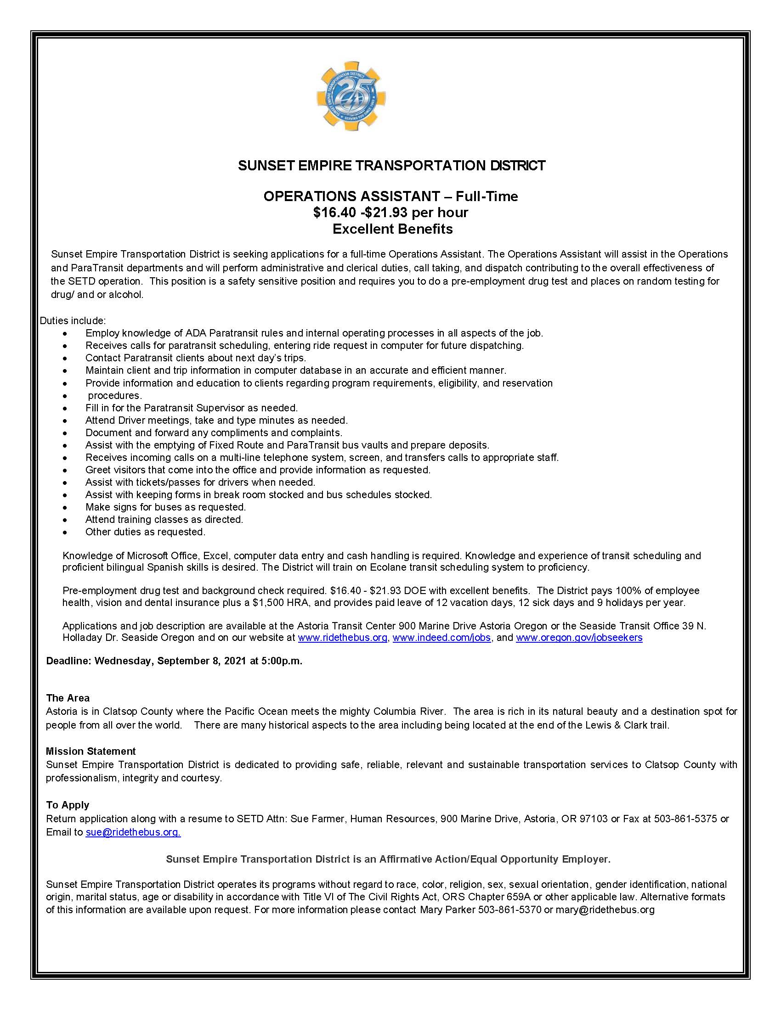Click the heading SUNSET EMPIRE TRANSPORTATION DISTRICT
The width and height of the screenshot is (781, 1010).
pyautogui.click(x=391, y=166)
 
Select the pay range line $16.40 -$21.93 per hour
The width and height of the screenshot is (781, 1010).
pyautogui.click(x=390, y=213)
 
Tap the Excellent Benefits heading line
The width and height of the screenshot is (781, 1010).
pyautogui.click(x=392, y=229)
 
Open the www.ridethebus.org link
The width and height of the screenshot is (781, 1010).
pyautogui.click(x=342, y=638)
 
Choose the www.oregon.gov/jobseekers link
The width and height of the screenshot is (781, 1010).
pyautogui.click(x=579, y=638)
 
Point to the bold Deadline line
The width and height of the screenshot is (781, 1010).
pyautogui.click(x=174, y=661)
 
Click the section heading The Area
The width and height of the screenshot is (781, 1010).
pyautogui.click(x=68, y=698)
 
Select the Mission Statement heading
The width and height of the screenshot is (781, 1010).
pyautogui.click(x=91, y=751)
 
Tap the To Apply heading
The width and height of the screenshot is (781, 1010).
pyautogui.click(x=68, y=805)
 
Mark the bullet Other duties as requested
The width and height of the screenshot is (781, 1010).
pyautogui.click(x=145, y=532)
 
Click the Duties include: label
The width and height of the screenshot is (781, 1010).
pyautogui.click(x=73, y=320)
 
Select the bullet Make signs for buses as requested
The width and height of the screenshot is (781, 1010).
pyautogui.click(x=165, y=507)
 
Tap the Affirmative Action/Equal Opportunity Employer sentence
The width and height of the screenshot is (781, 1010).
pyautogui.click(x=388, y=859)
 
